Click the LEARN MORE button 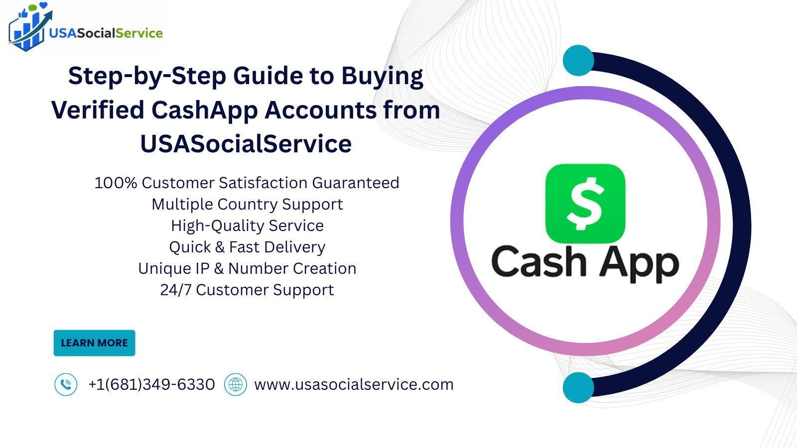pyautogui.click(x=94, y=343)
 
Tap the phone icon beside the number pyautogui.click(x=66, y=384)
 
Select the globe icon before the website pyautogui.click(x=236, y=384)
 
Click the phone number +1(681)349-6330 pyautogui.click(x=151, y=384)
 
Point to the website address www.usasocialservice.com pyautogui.click(x=354, y=384)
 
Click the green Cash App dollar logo pyautogui.click(x=585, y=204)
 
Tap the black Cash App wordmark pyautogui.click(x=585, y=264)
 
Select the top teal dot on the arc pyautogui.click(x=578, y=60)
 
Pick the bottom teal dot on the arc pyautogui.click(x=578, y=388)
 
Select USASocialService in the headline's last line pyautogui.click(x=246, y=144)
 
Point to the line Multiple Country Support pyautogui.click(x=247, y=205)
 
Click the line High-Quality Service pyautogui.click(x=247, y=226)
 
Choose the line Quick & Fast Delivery pyautogui.click(x=247, y=247)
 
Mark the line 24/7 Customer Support pyautogui.click(x=247, y=290)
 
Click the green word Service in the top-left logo pyautogui.click(x=139, y=33)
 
